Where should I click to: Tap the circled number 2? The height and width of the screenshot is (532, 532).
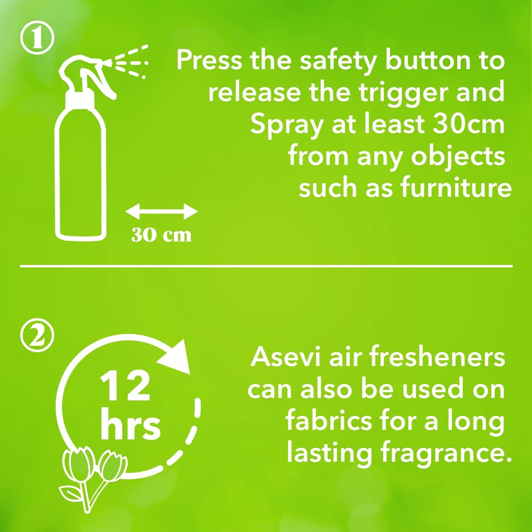[37, 336]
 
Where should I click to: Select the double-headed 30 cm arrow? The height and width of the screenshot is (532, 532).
[162, 212]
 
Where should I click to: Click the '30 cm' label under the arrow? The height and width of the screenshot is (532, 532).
[162, 235]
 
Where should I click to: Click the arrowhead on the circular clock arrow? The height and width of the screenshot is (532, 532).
[179, 356]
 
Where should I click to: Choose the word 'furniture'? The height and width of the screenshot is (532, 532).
[456, 187]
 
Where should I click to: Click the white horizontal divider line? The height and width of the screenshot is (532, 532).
[266, 265]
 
